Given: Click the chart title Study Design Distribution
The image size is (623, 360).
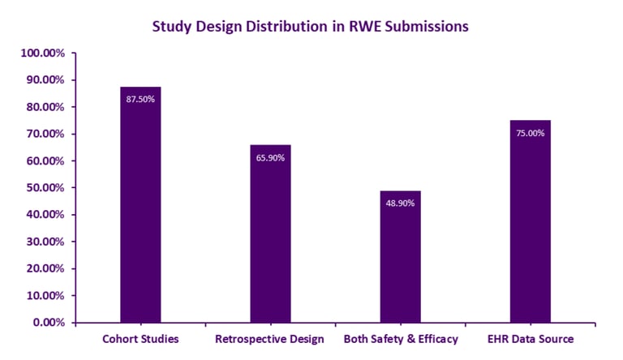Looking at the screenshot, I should click(x=311, y=26).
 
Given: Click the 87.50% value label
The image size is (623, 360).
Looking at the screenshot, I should click(x=140, y=99).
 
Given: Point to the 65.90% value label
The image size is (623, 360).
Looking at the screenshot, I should click(x=270, y=157).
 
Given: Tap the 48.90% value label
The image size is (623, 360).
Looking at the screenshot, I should click(x=400, y=203).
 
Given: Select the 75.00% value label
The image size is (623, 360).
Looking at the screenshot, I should click(x=531, y=133).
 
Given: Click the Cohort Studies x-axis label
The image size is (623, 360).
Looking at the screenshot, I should click(x=140, y=338).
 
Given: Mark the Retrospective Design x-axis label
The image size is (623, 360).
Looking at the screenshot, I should click(x=270, y=338).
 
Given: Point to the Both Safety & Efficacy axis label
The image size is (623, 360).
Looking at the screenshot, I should click(x=401, y=338).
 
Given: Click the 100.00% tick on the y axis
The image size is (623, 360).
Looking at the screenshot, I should click(x=42, y=54).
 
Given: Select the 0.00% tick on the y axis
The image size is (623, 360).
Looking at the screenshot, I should click(x=47, y=323).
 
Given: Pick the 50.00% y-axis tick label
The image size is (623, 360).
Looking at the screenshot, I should click(x=45, y=188).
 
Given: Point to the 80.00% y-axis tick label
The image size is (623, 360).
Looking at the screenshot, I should click(x=45, y=107).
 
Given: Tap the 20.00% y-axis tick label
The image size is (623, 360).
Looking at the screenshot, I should click(x=45, y=268).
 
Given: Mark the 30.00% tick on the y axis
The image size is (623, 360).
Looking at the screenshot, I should click(x=45, y=242).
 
